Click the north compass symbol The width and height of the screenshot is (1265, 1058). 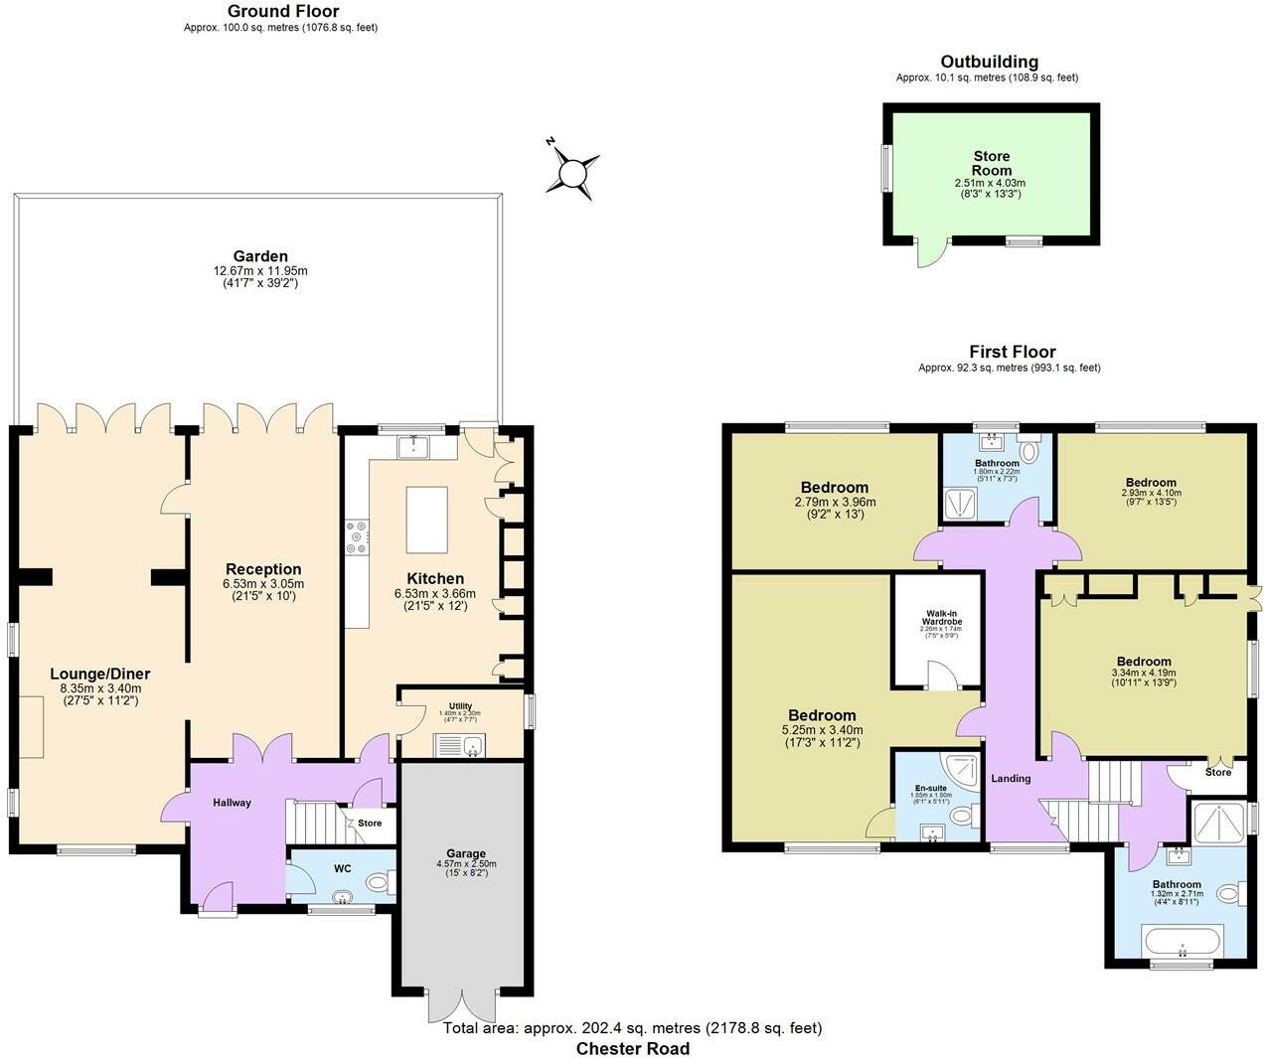pyautogui.click(x=573, y=173)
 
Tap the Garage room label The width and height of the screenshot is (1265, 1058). pyautogui.click(x=466, y=853)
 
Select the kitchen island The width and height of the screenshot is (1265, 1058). pyautogui.click(x=426, y=520)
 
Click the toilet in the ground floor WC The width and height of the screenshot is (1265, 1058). pyautogui.click(x=378, y=882)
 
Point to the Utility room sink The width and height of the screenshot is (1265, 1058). pyautogui.click(x=458, y=745)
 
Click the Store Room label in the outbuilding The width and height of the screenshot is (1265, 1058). pyautogui.click(x=991, y=163)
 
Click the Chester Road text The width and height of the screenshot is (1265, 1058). pyautogui.click(x=632, y=1048)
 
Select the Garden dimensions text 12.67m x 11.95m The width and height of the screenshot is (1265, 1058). pyautogui.click(x=260, y=270)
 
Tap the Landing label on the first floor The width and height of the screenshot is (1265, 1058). pyautogui.click(x=1011, y=778)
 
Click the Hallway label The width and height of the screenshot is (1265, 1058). pyautogui.click(x=231, y=802)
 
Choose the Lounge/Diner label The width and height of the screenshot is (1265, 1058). pyautogui.click(x=100, y=674)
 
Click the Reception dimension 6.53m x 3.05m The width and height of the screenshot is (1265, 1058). pyautogui.click(x=262, y=583)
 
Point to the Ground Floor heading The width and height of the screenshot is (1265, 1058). pyautogui.click(x=282, y=12)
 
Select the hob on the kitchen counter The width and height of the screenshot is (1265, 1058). pyautogui.click(x=356, y=537)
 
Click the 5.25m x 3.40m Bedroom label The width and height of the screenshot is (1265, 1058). pyautogui.click(x=822, y=715)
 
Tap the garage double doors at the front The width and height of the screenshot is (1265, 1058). pyautogui.click(x=461, y=1005)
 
